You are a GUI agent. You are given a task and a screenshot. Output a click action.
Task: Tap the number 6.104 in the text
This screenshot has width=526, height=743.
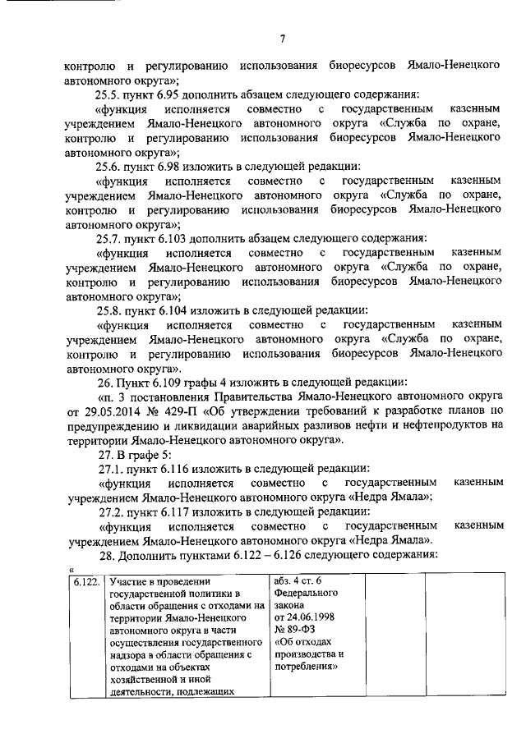click(x=174, y=310)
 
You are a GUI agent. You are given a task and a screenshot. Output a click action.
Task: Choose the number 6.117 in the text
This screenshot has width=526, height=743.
click(x=174, y=511)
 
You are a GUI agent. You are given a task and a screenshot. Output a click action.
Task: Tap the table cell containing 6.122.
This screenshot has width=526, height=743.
click(x=85, y=582)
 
